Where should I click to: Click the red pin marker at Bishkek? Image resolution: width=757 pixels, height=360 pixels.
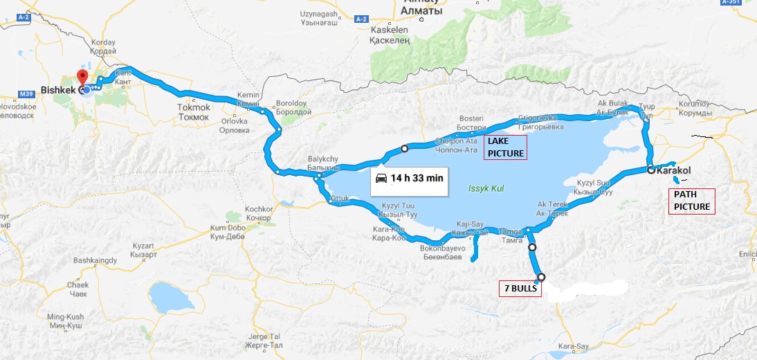pos(82,77)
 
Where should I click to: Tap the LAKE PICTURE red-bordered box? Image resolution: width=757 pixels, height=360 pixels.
pos(505,147)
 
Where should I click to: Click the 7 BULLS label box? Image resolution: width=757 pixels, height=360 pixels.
pos(519,288)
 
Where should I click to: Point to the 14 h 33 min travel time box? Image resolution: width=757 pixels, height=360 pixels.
pos(410,178)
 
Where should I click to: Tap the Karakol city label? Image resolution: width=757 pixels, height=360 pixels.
pos(673,170)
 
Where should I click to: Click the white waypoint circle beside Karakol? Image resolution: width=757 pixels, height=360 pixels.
pos(650,170)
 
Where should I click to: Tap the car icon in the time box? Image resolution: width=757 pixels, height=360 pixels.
pos(381,178)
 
